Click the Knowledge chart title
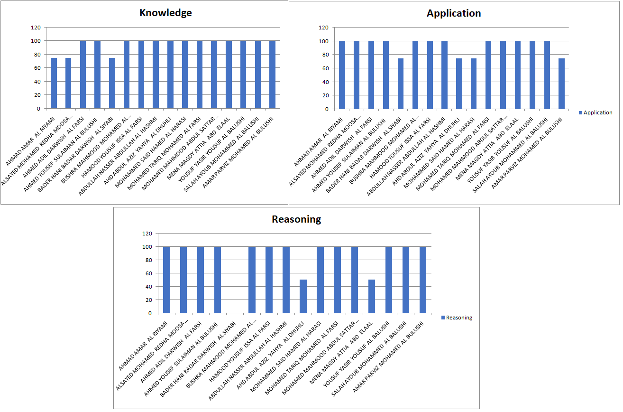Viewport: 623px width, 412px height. (165, 13)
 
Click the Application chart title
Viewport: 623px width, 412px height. (454, 13)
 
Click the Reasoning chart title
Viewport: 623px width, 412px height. (296, 219)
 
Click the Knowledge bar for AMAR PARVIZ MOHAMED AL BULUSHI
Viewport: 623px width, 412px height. (273, 75)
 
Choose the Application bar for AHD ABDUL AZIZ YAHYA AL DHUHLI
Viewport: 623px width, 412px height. (459, 84)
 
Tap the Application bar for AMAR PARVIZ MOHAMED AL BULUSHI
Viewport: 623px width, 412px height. (561, 84)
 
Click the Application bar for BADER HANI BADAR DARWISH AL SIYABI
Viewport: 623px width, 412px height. (401, 84)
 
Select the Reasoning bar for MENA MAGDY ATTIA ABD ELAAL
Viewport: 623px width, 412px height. (372, 296)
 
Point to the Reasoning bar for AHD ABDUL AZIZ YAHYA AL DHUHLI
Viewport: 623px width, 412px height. (303, 296)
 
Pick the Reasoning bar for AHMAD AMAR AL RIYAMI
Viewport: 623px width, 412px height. (166, 280)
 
